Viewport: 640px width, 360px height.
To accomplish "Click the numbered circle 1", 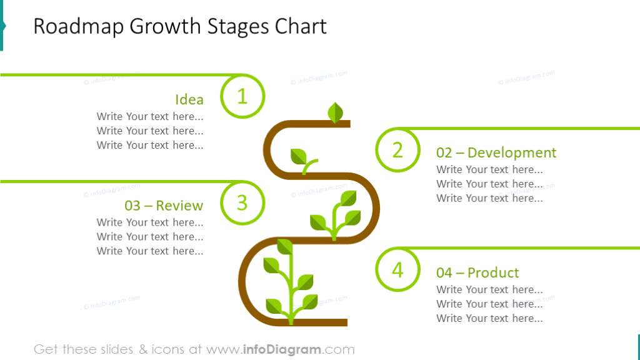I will [242, 96].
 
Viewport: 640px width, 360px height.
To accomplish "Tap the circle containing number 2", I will [397, 150].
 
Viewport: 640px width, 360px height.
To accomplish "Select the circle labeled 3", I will [242, 202].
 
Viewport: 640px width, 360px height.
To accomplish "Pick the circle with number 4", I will [397, 270].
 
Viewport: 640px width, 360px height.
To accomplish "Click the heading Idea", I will [189, 99].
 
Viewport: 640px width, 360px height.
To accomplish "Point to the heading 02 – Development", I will [496, 152].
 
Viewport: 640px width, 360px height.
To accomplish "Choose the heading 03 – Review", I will [164, 206].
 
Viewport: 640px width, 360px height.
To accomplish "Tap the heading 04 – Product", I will [477, 272].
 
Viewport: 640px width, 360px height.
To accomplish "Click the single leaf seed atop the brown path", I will [336, 112].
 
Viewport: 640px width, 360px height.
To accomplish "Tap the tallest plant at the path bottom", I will [289, 281].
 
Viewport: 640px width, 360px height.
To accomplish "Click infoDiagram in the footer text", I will [281, 349].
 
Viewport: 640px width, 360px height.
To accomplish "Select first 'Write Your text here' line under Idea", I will [150, 116].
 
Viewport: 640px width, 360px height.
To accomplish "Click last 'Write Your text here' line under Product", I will [489, 318].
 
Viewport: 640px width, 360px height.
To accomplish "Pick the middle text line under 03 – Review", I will [150, 236].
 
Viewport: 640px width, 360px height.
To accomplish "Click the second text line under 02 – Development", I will [489, 184].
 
